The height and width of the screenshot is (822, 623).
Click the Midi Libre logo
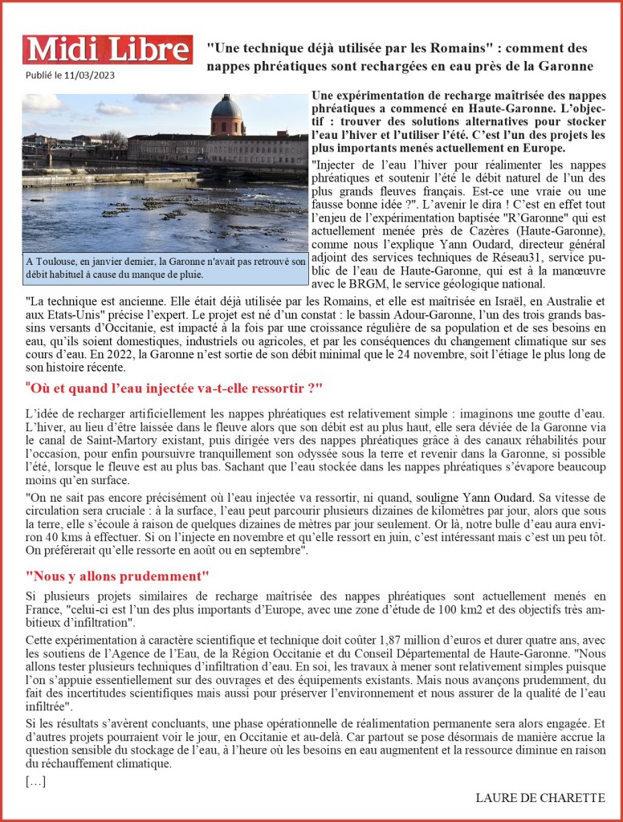click(x=107, y=50)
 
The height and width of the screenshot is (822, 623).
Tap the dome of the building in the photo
click(x=227, y=108)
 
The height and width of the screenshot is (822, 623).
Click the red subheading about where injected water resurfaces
click(x=174, y=389)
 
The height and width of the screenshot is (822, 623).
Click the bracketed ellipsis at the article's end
click(x=35, y=780)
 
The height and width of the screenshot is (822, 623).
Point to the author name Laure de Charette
click(x=540, y=798)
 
